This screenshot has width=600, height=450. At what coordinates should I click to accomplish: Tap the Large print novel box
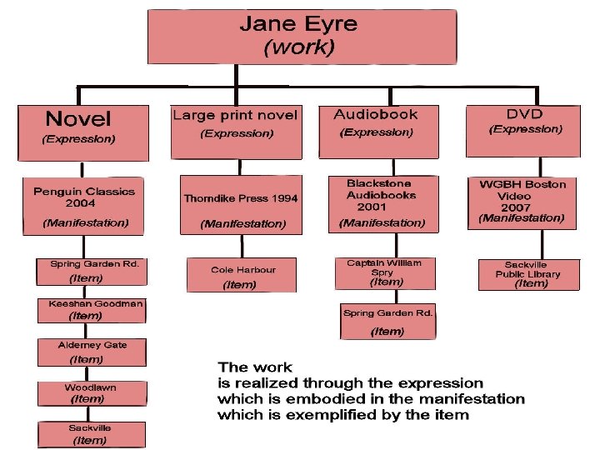[x=234, y=131]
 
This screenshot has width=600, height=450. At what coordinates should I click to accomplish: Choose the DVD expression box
[x=522, y=129]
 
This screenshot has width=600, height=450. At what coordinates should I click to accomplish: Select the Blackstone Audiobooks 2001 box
[x=381, y=204]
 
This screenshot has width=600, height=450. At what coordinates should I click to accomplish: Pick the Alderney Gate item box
[x=92, y=352]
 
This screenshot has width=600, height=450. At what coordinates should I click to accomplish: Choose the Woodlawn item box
[x=91, y=393]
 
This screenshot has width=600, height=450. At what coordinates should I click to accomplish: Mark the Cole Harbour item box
[x=242, y=276]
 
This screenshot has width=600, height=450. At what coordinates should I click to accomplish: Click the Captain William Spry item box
[x=384, y=273]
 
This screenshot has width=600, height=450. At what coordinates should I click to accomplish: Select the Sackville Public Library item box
[x=528, y=274]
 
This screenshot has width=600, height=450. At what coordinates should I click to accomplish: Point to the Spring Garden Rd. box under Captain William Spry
[x=387, y=322]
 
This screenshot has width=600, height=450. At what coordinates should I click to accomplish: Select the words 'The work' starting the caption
[x=255, y=367]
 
